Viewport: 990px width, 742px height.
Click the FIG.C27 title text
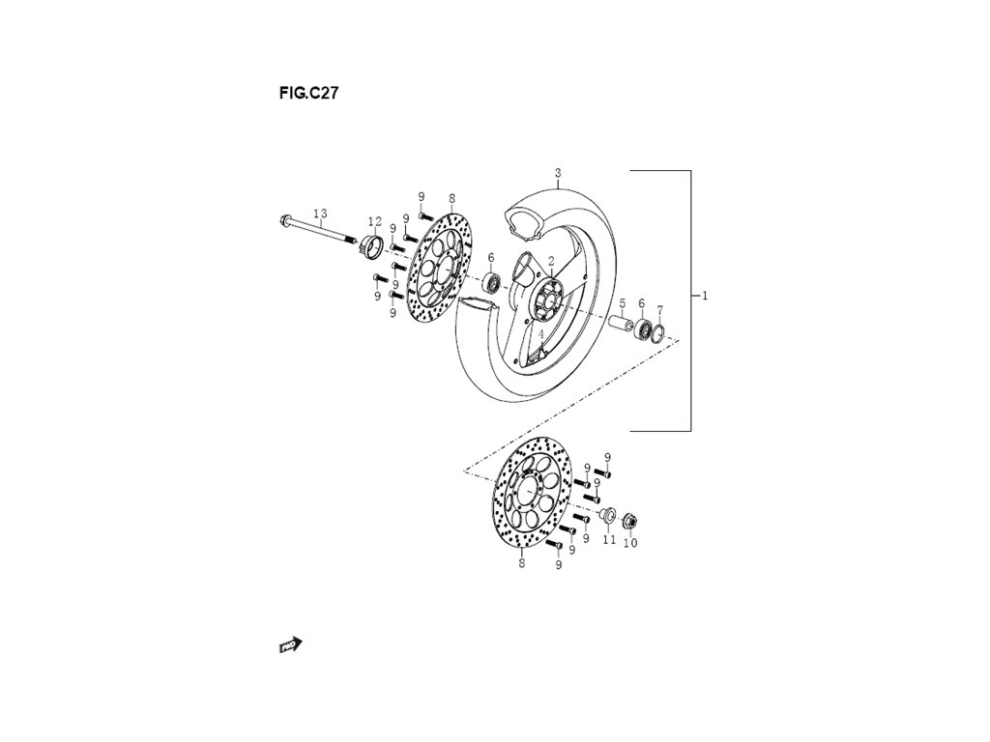coord(307,94)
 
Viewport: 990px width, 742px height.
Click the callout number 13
coord(320,214)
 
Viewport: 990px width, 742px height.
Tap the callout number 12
coord(374,222)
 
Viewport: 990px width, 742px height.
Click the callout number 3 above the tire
coord(558,173)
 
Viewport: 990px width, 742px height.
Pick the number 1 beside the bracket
coord(705,296)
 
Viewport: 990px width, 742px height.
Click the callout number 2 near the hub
coord(551,261)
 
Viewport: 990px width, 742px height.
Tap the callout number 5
coord(623,302)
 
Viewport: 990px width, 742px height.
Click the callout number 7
coord(659,310)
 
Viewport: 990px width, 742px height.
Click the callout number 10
coord(630,542)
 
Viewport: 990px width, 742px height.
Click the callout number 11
coord(609,540)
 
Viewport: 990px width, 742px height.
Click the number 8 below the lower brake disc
coord(522,563)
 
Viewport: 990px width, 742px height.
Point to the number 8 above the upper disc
coord(451,197)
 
